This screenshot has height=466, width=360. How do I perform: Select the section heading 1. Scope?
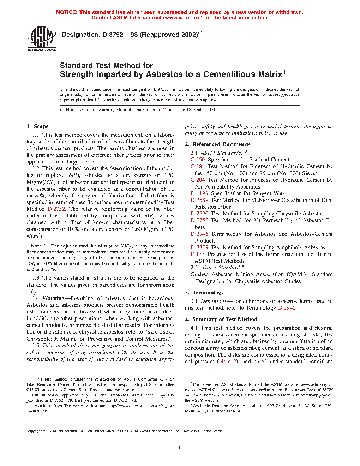click(37, 126)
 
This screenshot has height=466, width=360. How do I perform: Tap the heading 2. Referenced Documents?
click(217, 144)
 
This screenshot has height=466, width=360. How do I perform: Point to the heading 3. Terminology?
click(204, 293)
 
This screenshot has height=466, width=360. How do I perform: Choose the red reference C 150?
click(198, 160)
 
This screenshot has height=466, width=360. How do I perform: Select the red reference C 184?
click(198, 166)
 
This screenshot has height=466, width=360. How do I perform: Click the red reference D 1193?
click(199, 193)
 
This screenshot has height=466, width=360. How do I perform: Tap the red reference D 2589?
click(199, 200)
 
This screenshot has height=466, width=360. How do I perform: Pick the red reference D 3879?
click(199, 247)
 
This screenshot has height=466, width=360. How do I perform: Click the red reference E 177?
click(197, 254)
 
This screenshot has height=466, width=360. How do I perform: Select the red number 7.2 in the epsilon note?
click(164, 110)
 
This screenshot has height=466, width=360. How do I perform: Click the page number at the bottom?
click(180, 448)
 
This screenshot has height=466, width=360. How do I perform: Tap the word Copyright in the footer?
click(34, 431)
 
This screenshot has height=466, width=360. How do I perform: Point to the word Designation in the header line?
click(81, 35)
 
